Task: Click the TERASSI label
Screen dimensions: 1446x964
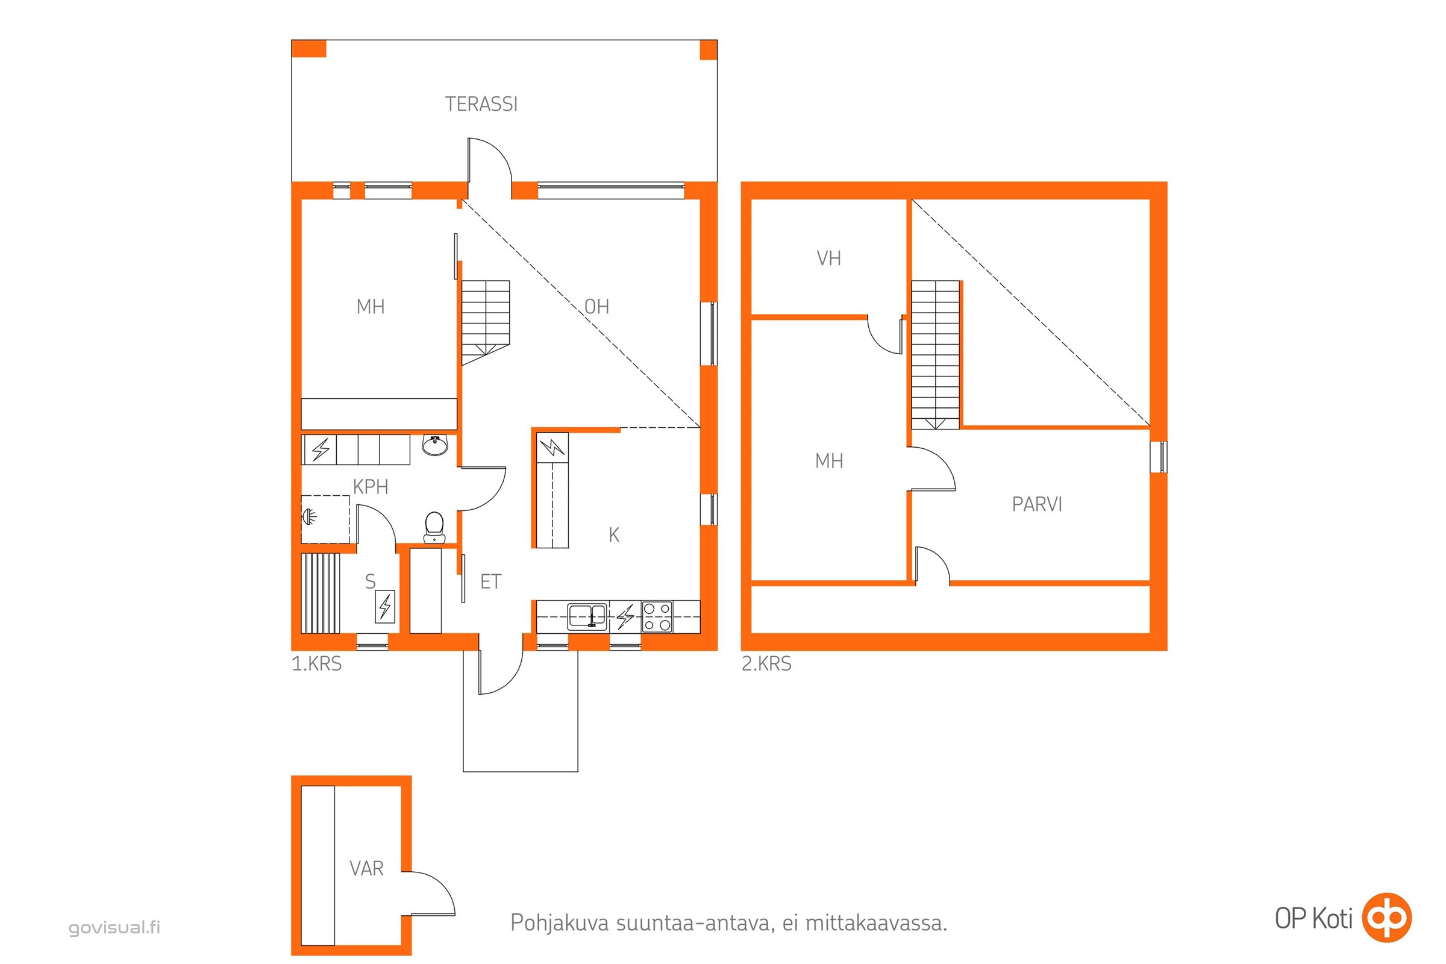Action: coord(481,104)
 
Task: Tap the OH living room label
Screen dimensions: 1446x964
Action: coord(596,306)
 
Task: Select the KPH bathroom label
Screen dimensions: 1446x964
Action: coord(370,487)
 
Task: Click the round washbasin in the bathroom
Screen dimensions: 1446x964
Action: coord(436,445)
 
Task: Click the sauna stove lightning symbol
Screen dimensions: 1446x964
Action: coord(385,606)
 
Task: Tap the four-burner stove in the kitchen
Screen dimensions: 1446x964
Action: coord(657,616)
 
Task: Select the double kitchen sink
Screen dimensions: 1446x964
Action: coord(587,616)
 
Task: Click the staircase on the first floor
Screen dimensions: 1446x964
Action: coord(486,323)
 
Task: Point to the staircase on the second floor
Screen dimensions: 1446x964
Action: coord(935,355)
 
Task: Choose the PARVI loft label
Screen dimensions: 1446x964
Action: coord(1036,504)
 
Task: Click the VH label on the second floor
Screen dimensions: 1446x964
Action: coord(829,258)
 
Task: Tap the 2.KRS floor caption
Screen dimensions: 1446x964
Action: coord(766,663)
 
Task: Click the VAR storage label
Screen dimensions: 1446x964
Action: coord(366,868)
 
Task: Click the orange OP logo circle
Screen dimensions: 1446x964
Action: coord(1387,918)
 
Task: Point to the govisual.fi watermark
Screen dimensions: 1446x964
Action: coord(114,927)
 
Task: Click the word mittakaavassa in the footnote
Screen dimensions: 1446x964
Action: coord(876,923)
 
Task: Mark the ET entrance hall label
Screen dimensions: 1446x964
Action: coord(490,581)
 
